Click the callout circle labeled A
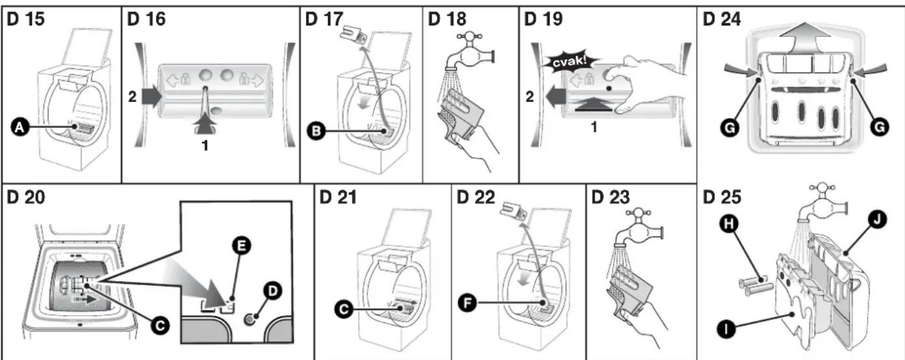point(20,127)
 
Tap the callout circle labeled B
point(317,131)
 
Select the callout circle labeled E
point(242,246)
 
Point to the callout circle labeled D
point(272,290)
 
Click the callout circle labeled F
point(467,303)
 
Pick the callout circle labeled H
point(729,224)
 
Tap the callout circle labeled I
point(726,329)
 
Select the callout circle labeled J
point(877,220)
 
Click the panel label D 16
point(146,19)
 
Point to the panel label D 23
point(610,197)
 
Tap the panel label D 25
point(722,197)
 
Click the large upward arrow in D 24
point(802,38)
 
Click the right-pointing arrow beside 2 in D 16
point(151,96)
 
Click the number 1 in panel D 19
point(594,127)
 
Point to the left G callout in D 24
point(729,127)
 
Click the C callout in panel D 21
point(344,309)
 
